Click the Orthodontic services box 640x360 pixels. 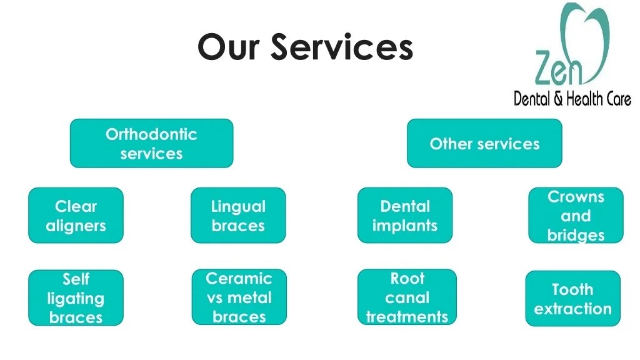click(151, 143)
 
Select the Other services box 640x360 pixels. click(484, 143)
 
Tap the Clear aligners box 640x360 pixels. click(76, 215)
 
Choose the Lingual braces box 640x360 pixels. click(238, 215)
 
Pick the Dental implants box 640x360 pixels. click(405, 215)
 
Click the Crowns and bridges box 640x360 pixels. click(576, 215)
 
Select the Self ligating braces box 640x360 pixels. click(76, 297)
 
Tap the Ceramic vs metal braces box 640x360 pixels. click(239, 297)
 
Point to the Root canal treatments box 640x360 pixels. click(407, 297)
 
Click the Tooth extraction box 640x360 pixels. click(572, 298)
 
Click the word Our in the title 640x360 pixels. click(228, 47)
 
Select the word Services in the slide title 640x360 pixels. click(342, 47)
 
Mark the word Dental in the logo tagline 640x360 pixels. click(531, 99)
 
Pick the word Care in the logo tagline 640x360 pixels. click(616, 99)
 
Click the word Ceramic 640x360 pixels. click(239, 278)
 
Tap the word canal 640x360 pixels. click(407, 297)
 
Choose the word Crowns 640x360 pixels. click(576, 196)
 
